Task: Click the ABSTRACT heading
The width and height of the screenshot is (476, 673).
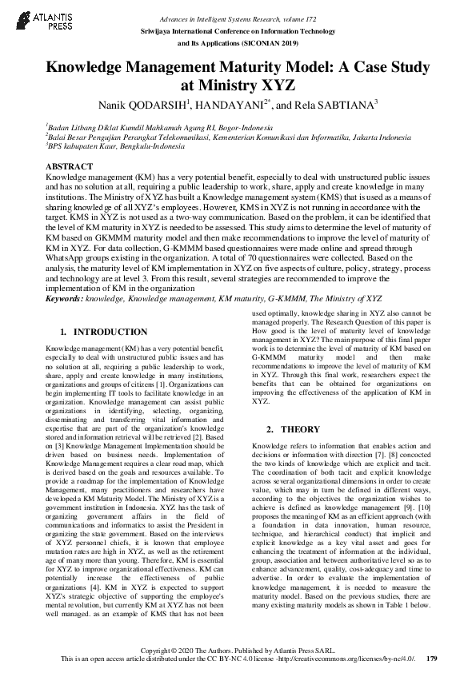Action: click(69, 165)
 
